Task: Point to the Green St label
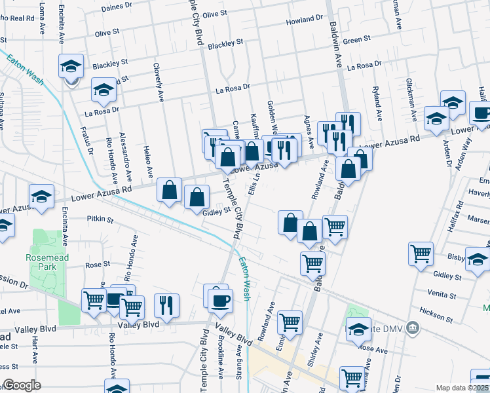pos(357,40)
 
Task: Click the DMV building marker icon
pos(412,327)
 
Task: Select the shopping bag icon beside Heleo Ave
pos(169,190)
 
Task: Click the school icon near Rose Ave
pos(358,329)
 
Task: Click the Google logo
pos(22,385)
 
